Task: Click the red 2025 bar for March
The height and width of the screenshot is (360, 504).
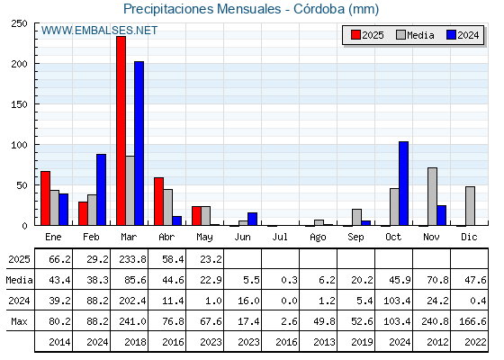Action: click(x=121, y=130)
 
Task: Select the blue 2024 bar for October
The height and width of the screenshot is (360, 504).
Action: click(x=404, y=184)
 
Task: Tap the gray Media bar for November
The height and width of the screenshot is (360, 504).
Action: click(x=432, y=197)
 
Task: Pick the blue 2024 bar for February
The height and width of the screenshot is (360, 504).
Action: click(x=101, y=190)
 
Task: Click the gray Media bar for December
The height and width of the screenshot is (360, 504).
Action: click(x=470, y=206)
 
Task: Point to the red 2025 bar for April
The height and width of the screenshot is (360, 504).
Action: click(x=158, y=202)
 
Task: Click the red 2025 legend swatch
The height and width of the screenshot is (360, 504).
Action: click(x=355, y=35)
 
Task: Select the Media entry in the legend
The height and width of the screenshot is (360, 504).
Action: click(x=415, y=35)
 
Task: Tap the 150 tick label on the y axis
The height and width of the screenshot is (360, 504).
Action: click(x=19, y=104)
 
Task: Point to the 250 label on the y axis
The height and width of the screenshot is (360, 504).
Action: click(x=19, y=23)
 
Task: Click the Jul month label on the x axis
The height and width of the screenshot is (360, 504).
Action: click(x=280, y=238)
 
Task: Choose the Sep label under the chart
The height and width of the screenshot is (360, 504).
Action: click(x=355, y=238)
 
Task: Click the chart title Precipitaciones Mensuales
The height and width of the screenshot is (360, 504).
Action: click(x=202, y=9)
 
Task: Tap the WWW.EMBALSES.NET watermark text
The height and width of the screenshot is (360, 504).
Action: click(x=99, y=31)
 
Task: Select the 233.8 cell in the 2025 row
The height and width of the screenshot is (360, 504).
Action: click(x=133, y=259)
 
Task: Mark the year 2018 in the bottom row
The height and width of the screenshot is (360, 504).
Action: click(x=135, y=342)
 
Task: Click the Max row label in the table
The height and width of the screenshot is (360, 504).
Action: click(x=19, y=321)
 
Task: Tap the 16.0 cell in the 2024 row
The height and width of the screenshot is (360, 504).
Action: click(x=248, y=301)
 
